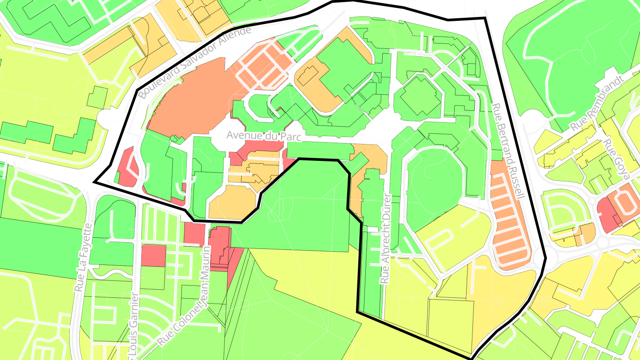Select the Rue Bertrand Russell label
click(508, 151)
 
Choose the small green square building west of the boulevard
click(97, 97)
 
